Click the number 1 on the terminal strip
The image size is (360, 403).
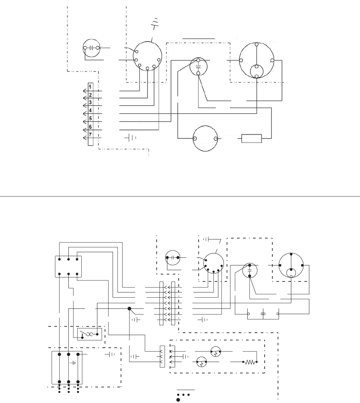91,87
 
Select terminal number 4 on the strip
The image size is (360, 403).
91,111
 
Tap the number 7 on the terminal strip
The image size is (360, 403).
91,134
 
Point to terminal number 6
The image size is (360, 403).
91,127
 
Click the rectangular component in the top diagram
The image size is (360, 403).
252,139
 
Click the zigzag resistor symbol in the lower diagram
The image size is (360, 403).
251,362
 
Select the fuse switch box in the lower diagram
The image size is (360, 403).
89,334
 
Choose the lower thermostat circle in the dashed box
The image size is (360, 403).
201,362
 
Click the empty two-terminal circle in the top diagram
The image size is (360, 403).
206,139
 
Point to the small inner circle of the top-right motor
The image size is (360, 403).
257,70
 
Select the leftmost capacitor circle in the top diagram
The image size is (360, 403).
91,48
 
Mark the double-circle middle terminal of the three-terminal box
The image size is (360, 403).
263,314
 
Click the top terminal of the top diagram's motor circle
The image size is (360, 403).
257,44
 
